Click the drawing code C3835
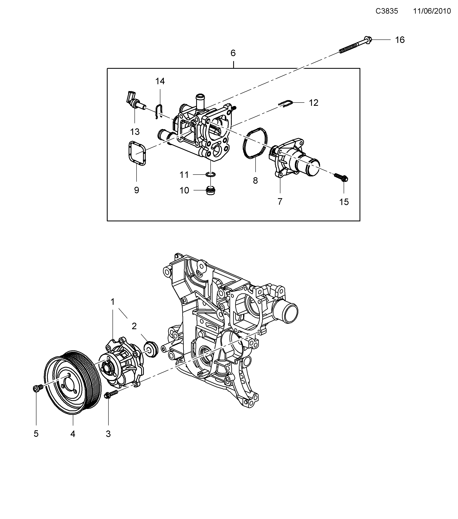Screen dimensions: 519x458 [x=387, y=11]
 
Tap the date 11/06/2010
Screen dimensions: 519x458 [x=432, y=11]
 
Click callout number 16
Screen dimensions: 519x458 [x=400, y=40]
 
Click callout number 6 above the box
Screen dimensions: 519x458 [x=233, y=53]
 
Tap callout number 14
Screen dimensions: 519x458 [x=160, y=81]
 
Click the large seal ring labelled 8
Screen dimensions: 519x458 [x=255, y=143]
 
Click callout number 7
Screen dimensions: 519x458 [x=280, y=202]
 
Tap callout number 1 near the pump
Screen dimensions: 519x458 [x=113, y=302]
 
